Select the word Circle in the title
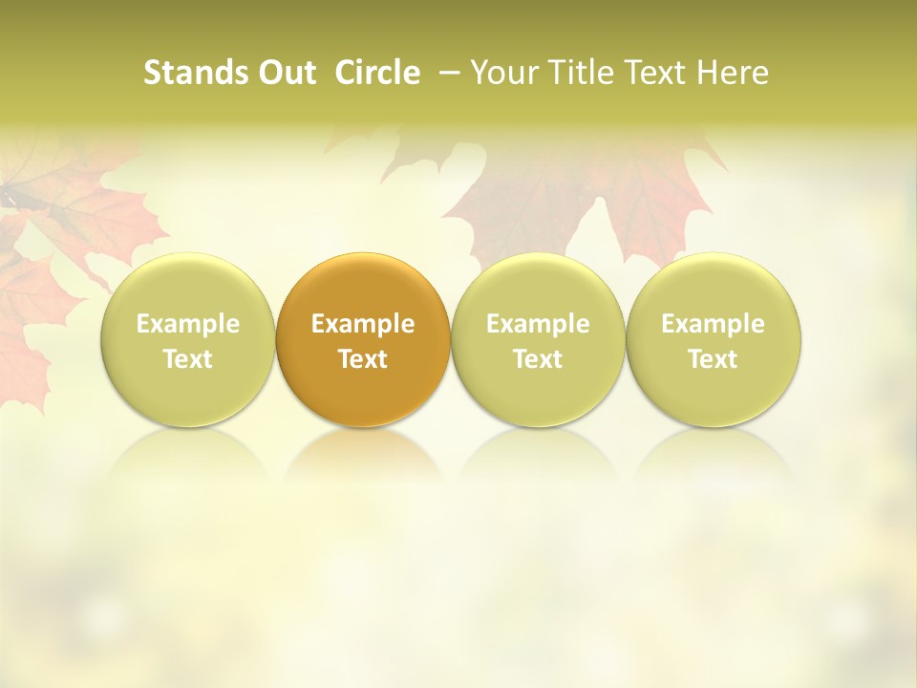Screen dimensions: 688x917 (x=377, y=73)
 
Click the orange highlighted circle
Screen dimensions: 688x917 (x=363, y=339)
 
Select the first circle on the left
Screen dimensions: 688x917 (x=188, y=339)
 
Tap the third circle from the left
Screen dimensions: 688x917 (x=538, y=339)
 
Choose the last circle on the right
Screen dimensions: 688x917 (x=713, y=339)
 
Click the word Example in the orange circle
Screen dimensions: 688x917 (x=363, y=324)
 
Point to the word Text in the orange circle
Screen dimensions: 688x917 (x=363, y=359)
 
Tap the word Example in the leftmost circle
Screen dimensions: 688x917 (x=188, y=324)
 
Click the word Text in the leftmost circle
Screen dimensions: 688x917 (x=188, y=359)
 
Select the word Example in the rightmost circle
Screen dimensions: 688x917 (x=713, y=324)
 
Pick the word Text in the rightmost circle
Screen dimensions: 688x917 (x=713, y=359)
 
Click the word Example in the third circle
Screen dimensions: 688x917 (x=538, y=324)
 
